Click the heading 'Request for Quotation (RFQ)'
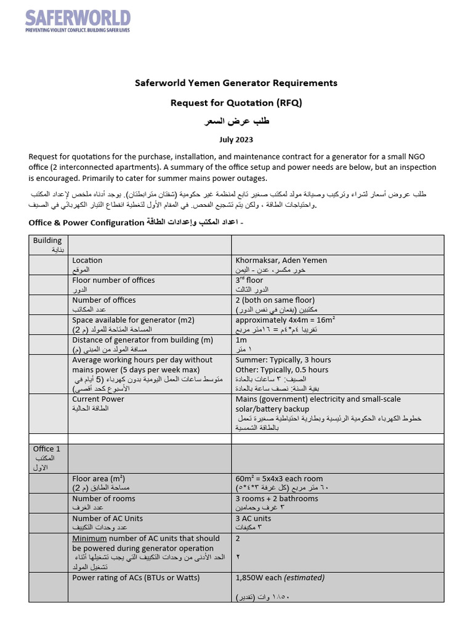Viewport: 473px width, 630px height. [x=236, y=103]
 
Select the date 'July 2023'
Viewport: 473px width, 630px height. [x=236, y=141]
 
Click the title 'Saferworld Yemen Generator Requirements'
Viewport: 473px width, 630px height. [x=236, y=82]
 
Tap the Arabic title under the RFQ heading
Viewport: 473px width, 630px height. [x=236, y=122]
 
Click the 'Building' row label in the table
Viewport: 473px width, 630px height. [x=47, y=241]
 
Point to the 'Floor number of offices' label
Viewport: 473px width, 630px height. [x=113, y=280]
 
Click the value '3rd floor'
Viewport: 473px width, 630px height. [x=249, y=280]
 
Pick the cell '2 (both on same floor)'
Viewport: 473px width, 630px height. [x=275, y=300]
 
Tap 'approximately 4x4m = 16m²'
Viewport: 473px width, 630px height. [x=285, y=320]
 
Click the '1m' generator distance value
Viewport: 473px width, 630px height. [x=241, y=340]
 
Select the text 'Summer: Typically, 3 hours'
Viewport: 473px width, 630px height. [x=283, y=360]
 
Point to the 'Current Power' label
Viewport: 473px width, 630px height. [x=98, y=399]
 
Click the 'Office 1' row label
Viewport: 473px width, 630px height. [x=47, y=449]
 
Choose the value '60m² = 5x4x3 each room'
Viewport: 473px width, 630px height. [x=279, y=479]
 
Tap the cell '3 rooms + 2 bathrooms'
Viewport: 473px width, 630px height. [x=277, y=498]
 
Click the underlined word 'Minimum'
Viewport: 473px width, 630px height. [x=91, y=538]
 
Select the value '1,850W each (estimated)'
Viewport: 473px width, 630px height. [x=280, y=578]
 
